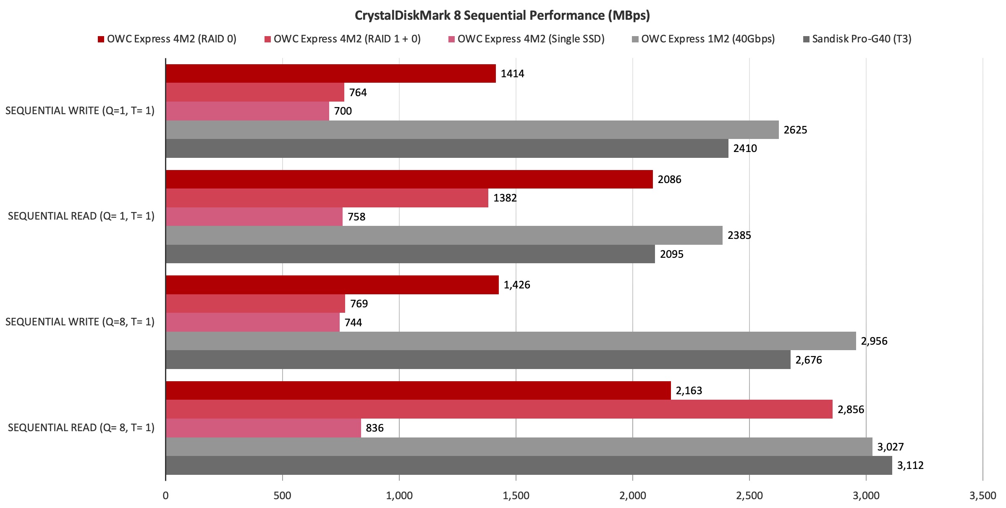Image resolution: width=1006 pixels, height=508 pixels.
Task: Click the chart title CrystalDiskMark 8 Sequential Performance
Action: pos(502,16)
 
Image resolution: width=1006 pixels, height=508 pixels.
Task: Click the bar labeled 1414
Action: pos(330,73)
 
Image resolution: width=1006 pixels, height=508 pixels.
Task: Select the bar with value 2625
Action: pos(472,130)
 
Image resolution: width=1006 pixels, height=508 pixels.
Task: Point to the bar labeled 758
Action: pos(254,217)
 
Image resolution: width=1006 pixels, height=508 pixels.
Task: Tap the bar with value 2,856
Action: pos(499,409)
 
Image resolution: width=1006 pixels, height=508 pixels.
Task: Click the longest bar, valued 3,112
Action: pos(529,465)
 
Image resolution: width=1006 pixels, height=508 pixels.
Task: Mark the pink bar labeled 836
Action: pos(263,428)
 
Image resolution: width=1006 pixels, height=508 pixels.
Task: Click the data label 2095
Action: pos(671,254)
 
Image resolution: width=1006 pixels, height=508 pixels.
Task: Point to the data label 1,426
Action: pos(516,285)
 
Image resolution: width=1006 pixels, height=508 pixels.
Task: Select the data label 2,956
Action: pos(874,341)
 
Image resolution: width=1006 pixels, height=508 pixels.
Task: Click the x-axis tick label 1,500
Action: pos(516,495)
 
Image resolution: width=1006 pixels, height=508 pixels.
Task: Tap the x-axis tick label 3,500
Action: pos(982,495)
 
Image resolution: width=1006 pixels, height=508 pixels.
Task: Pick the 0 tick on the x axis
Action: pos(165,495)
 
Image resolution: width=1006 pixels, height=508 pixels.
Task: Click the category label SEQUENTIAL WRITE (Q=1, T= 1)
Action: pos(80,111)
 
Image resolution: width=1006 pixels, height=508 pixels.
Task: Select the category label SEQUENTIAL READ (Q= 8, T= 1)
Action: pos(81,427)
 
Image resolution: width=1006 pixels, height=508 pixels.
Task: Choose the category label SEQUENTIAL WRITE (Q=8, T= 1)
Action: pos(80,322)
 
